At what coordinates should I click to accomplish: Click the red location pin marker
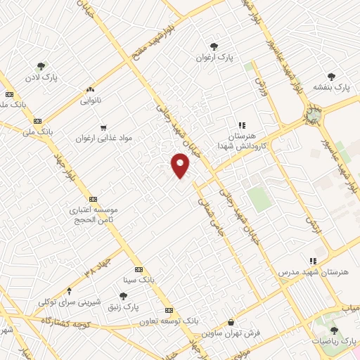181,166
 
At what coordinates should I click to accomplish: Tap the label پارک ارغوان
215,56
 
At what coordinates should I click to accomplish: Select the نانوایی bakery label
90,101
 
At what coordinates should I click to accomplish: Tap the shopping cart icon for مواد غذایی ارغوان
103,128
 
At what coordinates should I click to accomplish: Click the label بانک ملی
37,131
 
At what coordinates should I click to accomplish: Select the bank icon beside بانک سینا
139,268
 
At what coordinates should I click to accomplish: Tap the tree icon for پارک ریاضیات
334,329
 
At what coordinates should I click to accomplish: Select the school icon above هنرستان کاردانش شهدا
241,125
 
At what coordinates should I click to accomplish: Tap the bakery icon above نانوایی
90,90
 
